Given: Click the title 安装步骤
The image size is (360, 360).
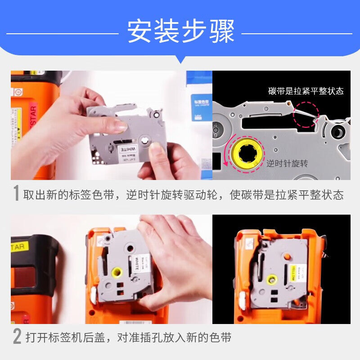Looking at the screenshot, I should [180, 31].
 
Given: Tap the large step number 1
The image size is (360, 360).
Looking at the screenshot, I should [16, 193].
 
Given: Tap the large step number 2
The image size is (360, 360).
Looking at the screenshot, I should [17, 337].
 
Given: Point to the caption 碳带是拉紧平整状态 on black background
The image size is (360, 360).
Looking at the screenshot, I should [306, 91].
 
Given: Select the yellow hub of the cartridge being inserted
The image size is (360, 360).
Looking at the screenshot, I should [116, 272].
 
